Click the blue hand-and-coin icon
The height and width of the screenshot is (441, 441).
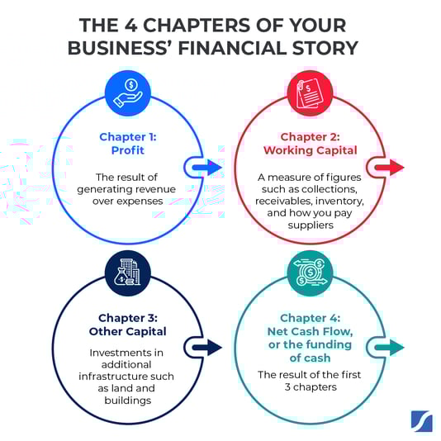click(x=128, y=92)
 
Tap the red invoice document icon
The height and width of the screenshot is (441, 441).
click(x=310, y=92)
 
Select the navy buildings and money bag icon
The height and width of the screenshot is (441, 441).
click(x=127, y=273)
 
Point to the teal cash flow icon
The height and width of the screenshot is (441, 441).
click(x=311, y=273)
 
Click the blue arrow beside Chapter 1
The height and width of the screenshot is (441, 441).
click(x=207, y=168)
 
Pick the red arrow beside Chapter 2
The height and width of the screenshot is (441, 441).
click(x=390, y=168)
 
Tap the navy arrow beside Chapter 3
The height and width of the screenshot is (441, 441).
click(x=207, y=348)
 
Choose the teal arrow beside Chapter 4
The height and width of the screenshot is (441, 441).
click(x=390, y=348)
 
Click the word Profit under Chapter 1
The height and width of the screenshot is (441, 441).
click(x=128, y=150)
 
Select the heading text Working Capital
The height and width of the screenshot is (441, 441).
click(x=311, y=150)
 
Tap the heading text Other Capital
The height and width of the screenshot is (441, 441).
click(x=128, y=331)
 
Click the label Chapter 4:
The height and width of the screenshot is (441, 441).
click(x=311, y=318)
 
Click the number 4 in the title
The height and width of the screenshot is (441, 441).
click(x=130, y=25)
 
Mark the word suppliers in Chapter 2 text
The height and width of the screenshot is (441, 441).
click(x=311, y=225)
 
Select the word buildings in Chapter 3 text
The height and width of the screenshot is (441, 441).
click(x=128, y=401)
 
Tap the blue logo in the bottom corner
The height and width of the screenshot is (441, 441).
click(x=422, y=421)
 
